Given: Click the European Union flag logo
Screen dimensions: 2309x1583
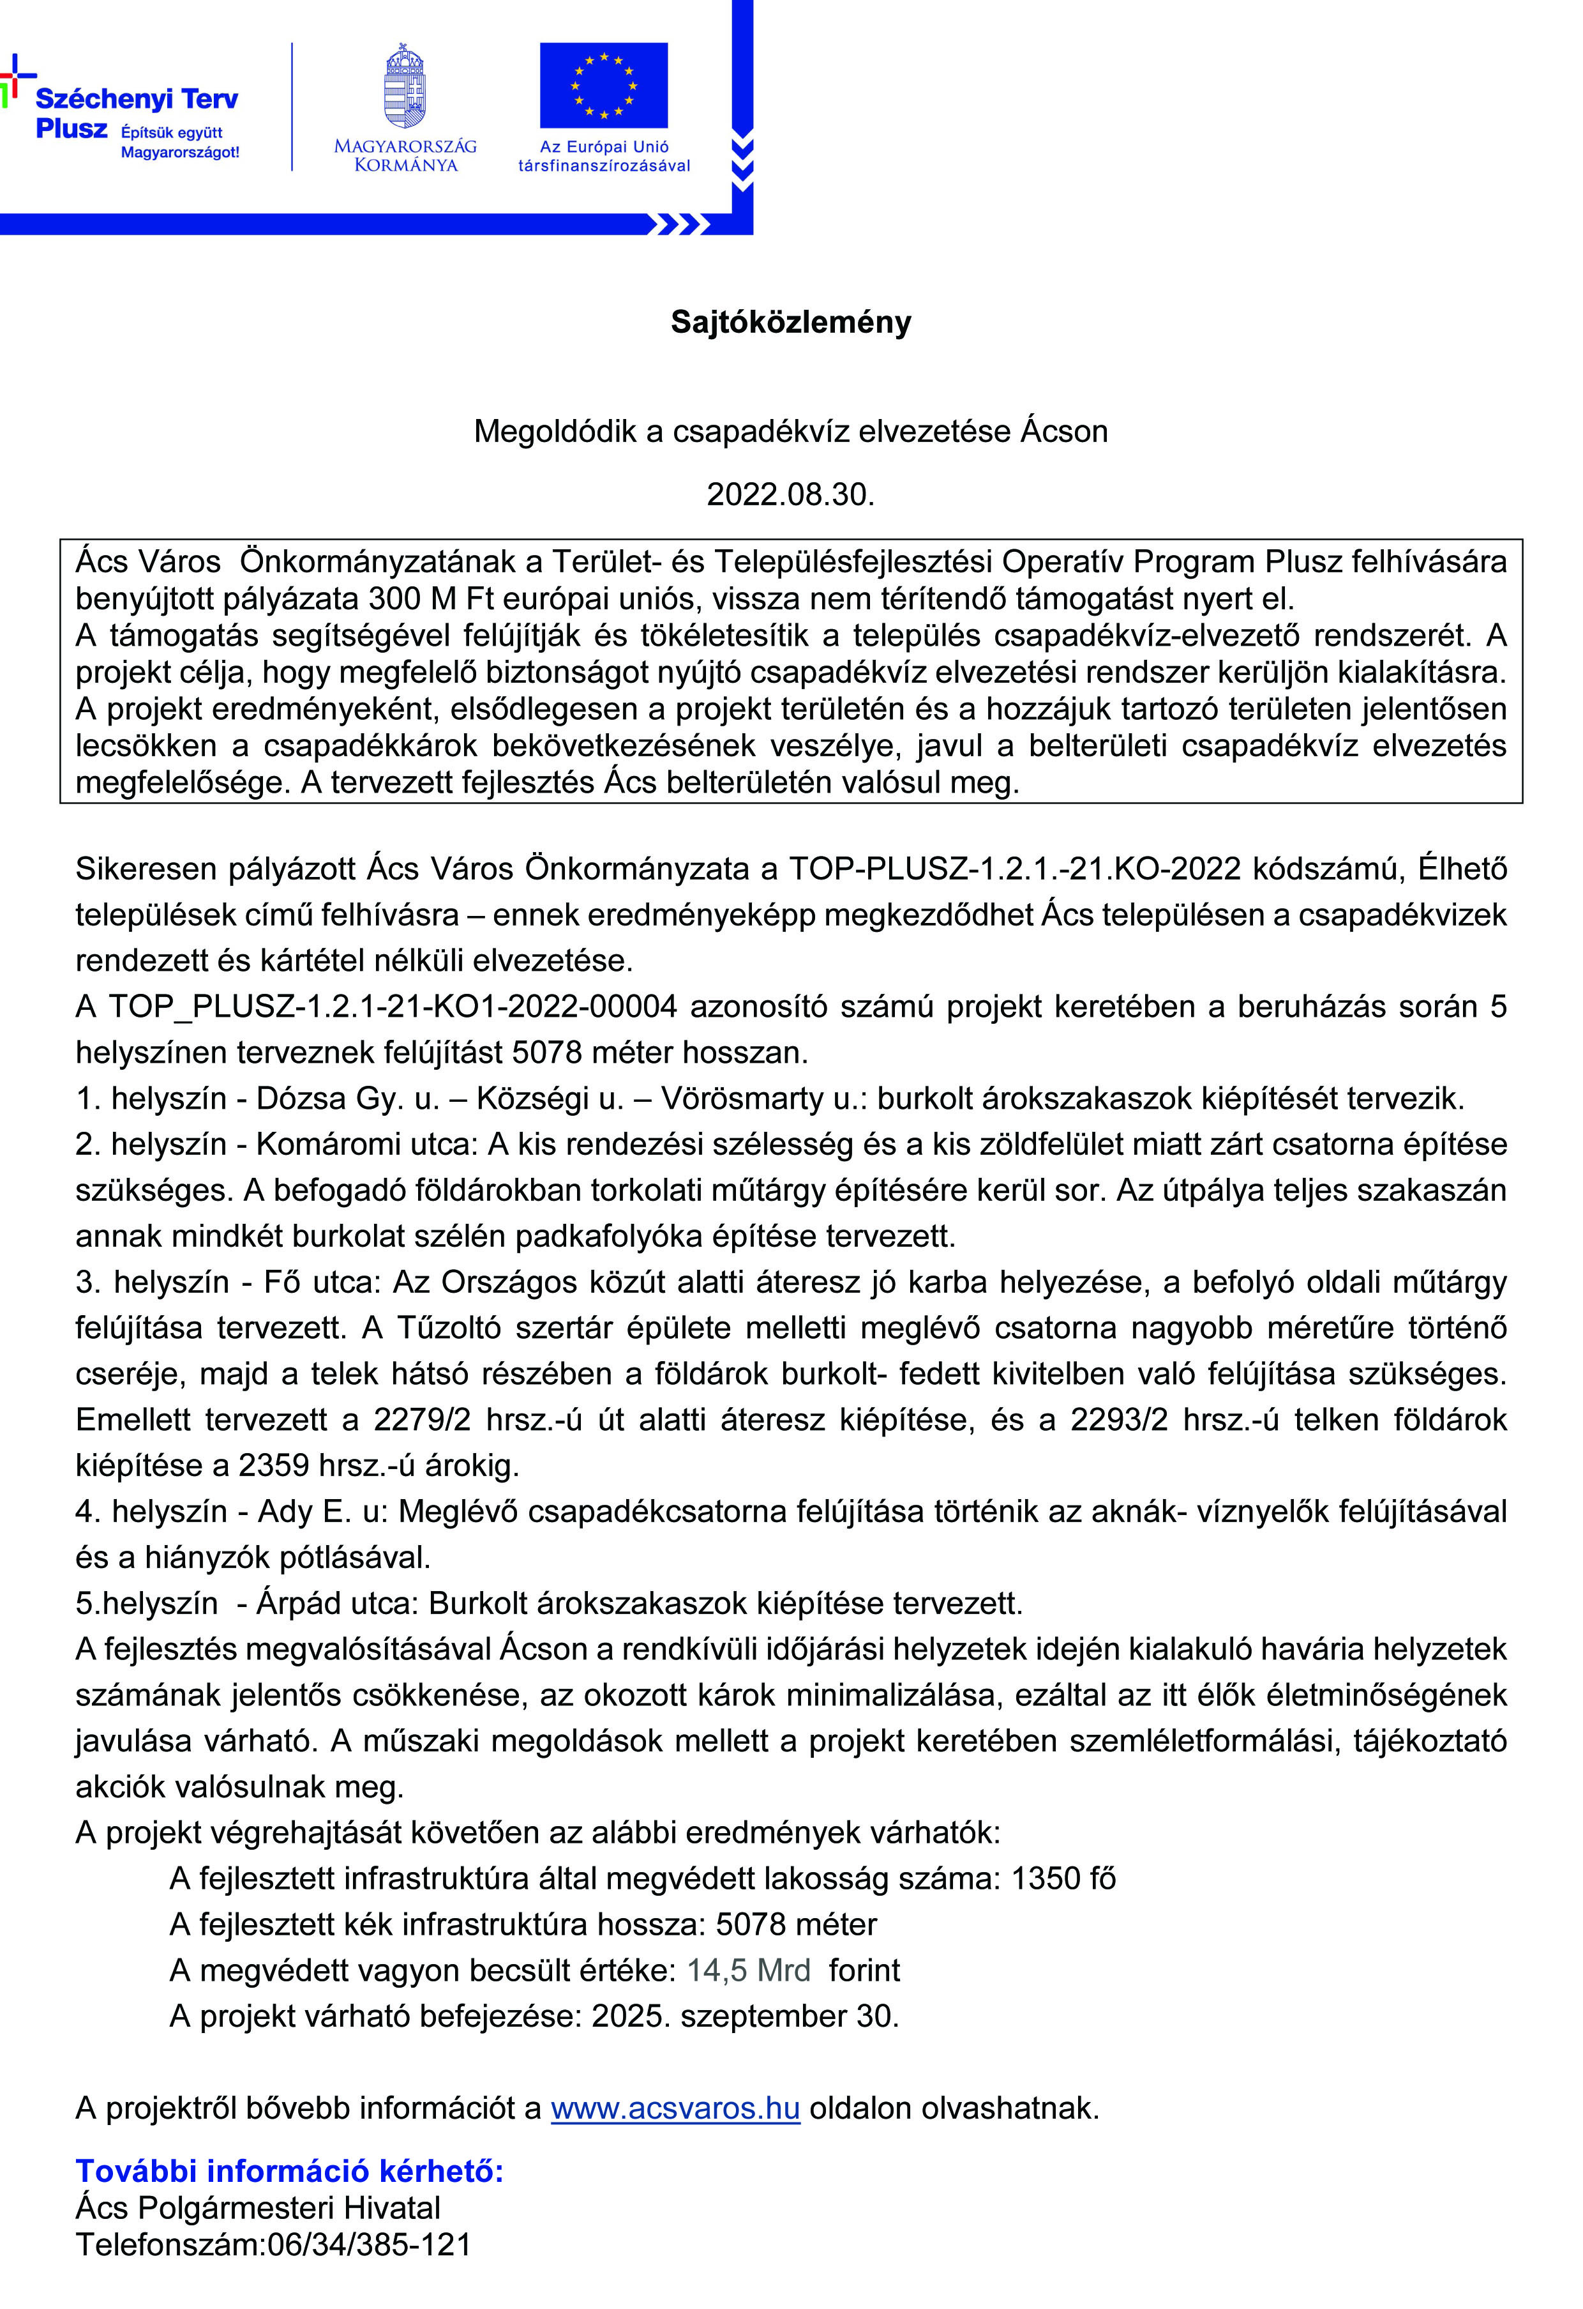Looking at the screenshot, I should pyautogui.click(x=604, y=86).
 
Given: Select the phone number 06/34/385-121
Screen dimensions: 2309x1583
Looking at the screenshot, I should pyautogui.click(x=370, y=2244).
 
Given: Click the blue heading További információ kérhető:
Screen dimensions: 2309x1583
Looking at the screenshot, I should pyautogui.click(x=290, y=2171).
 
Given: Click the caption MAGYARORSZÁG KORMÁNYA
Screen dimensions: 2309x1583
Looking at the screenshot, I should pyautogui.click(x=405, y=156).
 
